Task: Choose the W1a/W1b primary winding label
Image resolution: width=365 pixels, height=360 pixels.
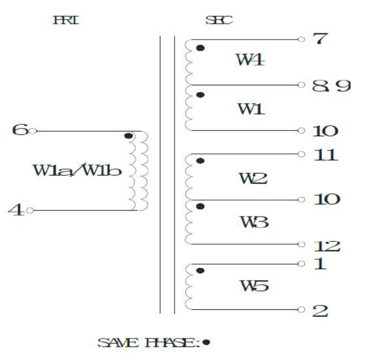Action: click(78, 170)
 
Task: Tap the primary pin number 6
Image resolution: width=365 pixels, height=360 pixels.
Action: click(20, 130)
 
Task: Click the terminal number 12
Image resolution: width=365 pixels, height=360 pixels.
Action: click(326, 246)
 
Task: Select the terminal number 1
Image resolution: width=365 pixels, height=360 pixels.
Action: click(319, 264)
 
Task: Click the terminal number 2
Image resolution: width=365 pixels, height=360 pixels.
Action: click(320, 310)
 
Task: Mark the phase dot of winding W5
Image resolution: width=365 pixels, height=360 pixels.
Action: click(201, 271)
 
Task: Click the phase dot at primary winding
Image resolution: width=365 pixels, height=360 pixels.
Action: click(128, 136)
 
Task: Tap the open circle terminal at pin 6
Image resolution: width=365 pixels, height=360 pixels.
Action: click(33, 131)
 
